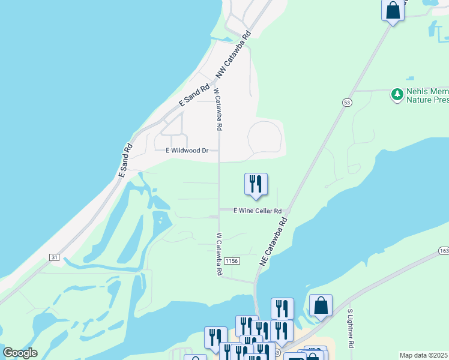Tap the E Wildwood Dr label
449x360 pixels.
187,151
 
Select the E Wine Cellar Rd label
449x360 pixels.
258,211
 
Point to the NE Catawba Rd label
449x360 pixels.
274,241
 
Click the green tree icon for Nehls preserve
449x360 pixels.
397,94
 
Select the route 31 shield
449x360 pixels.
55,257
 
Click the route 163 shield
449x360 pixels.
444,250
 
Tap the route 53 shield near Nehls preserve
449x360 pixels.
347,103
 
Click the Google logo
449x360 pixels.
20,353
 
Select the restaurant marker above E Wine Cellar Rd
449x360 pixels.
256,184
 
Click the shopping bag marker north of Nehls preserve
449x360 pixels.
393,11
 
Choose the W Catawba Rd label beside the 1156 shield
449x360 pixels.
219,254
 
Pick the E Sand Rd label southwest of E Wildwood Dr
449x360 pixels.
125,160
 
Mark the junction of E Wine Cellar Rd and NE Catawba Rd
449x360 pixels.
288,212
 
